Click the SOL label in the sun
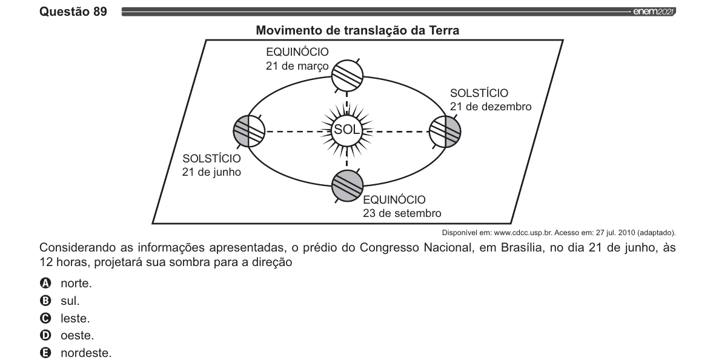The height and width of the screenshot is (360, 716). (x=347, y=130)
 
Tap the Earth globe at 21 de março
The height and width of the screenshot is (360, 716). (x=347, y=75)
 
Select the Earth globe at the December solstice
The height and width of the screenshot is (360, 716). (x=445, y=132)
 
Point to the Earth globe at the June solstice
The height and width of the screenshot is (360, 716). (x=250, y=132)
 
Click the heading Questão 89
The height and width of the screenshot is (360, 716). (x=73, y=12)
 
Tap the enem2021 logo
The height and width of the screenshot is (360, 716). (x=654, y=12)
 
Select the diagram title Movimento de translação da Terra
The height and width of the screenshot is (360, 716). (x=357, y=31)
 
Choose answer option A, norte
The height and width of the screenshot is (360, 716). (x=76, y=283)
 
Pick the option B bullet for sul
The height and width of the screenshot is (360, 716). (x=45, y=301)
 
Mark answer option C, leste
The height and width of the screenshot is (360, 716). (x=75, y=318)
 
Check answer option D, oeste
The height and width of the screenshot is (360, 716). (x=77, y=335)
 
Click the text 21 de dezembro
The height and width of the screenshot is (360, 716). (x=491, y=107)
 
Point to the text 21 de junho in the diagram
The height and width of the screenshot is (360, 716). (x=211, y=173)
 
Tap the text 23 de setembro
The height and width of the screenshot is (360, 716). (x=402, y=213)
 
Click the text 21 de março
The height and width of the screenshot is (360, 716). (x=297, y=66)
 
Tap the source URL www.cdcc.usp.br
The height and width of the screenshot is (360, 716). (x=520, y=233)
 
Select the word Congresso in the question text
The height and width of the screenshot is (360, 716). (x=389, y=248)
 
